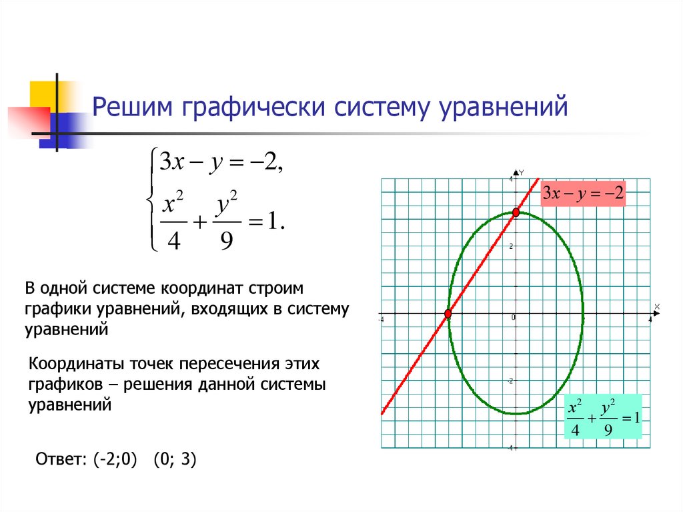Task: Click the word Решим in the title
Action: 133,106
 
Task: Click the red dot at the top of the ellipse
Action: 516,212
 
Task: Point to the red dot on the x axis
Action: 448,313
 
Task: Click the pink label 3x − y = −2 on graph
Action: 583,193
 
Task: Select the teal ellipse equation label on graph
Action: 603,417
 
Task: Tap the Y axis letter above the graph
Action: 522,172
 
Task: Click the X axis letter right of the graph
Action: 657,306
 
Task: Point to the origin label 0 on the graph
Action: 513,318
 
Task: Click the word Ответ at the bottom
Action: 61,459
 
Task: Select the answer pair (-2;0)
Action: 115,459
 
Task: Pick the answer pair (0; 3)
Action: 175,459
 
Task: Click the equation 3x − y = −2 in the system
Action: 221,163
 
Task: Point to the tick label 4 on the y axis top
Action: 512,179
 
